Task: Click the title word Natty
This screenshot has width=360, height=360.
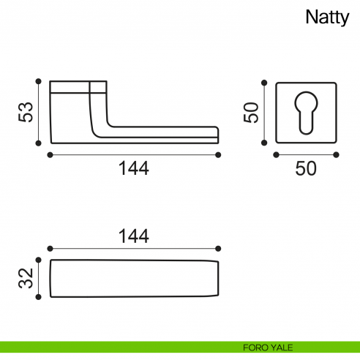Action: click(328, 18)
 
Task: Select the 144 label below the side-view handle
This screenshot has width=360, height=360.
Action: click(133, 168)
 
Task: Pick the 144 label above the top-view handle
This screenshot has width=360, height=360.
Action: click(133, 236)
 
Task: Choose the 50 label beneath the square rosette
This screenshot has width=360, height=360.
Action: click(305, 168)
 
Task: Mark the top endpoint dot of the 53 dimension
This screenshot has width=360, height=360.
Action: click(38, 80)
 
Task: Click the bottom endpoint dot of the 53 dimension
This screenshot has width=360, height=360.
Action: click(38, 144)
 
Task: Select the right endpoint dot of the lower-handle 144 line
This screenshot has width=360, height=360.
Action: click(219, 154)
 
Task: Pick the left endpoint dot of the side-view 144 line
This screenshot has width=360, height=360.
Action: click(49, 154)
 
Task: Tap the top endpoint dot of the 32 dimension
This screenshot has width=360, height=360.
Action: click(38, 260)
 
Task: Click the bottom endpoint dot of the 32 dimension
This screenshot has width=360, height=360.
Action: click(38, 297)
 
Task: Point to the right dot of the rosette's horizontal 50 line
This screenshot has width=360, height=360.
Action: click(337, 154)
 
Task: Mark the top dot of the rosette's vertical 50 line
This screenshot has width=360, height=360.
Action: click(265, 80)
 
